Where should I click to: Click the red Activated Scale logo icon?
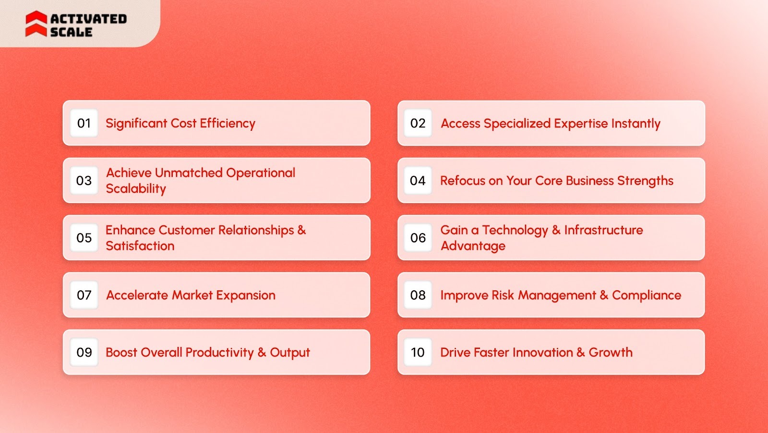point(36,24)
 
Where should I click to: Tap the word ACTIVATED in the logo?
point(88,19)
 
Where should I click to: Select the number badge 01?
point(84,124)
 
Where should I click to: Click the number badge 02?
point(418,124)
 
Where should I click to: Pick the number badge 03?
point(84,181)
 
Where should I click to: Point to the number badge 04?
point(418,181)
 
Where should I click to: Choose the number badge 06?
point(418,238)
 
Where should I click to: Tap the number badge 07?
point(84,295)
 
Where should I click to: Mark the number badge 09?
point(84,352)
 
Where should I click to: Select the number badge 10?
point(418,352)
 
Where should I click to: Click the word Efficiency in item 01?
point(228,124)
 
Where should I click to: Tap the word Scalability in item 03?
point(136,189)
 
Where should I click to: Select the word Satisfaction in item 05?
point(140,246)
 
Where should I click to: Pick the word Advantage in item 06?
point(473,246)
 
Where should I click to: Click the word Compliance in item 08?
point(647,295)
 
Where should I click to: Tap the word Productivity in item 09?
point(219,353)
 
